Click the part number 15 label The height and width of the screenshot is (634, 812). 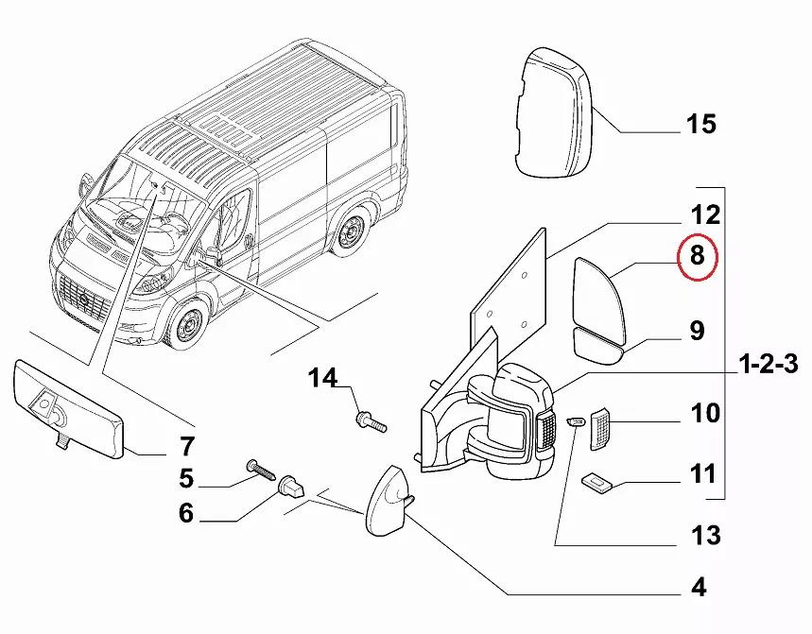click(x=701, y=124)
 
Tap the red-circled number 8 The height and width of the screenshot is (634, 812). click(x=698, y=256)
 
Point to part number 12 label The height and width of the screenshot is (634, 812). click(x=700, y=214)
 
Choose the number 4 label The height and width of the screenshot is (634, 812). click(x=698, y=587)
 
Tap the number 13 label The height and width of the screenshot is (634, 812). click(x=700, y=535)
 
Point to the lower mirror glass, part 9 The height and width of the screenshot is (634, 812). click(x=600, y=347)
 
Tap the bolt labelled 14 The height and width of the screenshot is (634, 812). click(x=371, y=421)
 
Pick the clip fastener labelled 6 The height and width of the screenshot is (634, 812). click(x=293, y=488)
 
